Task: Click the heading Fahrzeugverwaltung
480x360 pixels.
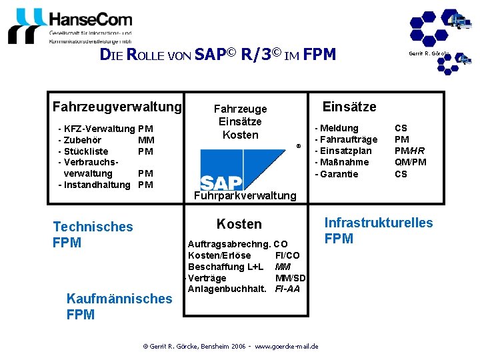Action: pos(117,107)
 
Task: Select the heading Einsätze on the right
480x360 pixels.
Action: pos(349,107)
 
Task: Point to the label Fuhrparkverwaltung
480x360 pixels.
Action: pos(245,195)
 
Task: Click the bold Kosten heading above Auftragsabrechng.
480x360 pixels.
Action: pos(239,224)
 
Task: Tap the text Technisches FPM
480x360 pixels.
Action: pos(93,235)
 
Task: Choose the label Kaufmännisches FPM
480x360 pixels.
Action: pos(119,307)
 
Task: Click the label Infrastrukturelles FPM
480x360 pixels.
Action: pos(378,231)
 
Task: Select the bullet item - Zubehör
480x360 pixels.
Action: pos(80,140)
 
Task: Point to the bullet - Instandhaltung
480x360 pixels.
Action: pos(94,185)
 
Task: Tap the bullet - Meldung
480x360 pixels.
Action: pos(337,128)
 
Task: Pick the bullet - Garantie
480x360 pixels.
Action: pos(337,174)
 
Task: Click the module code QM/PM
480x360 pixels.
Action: pos(410,162)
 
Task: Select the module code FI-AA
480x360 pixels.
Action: pos(287,289)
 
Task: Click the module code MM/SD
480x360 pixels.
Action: pos(290,277)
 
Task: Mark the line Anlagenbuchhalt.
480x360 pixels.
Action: pos(227,289)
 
